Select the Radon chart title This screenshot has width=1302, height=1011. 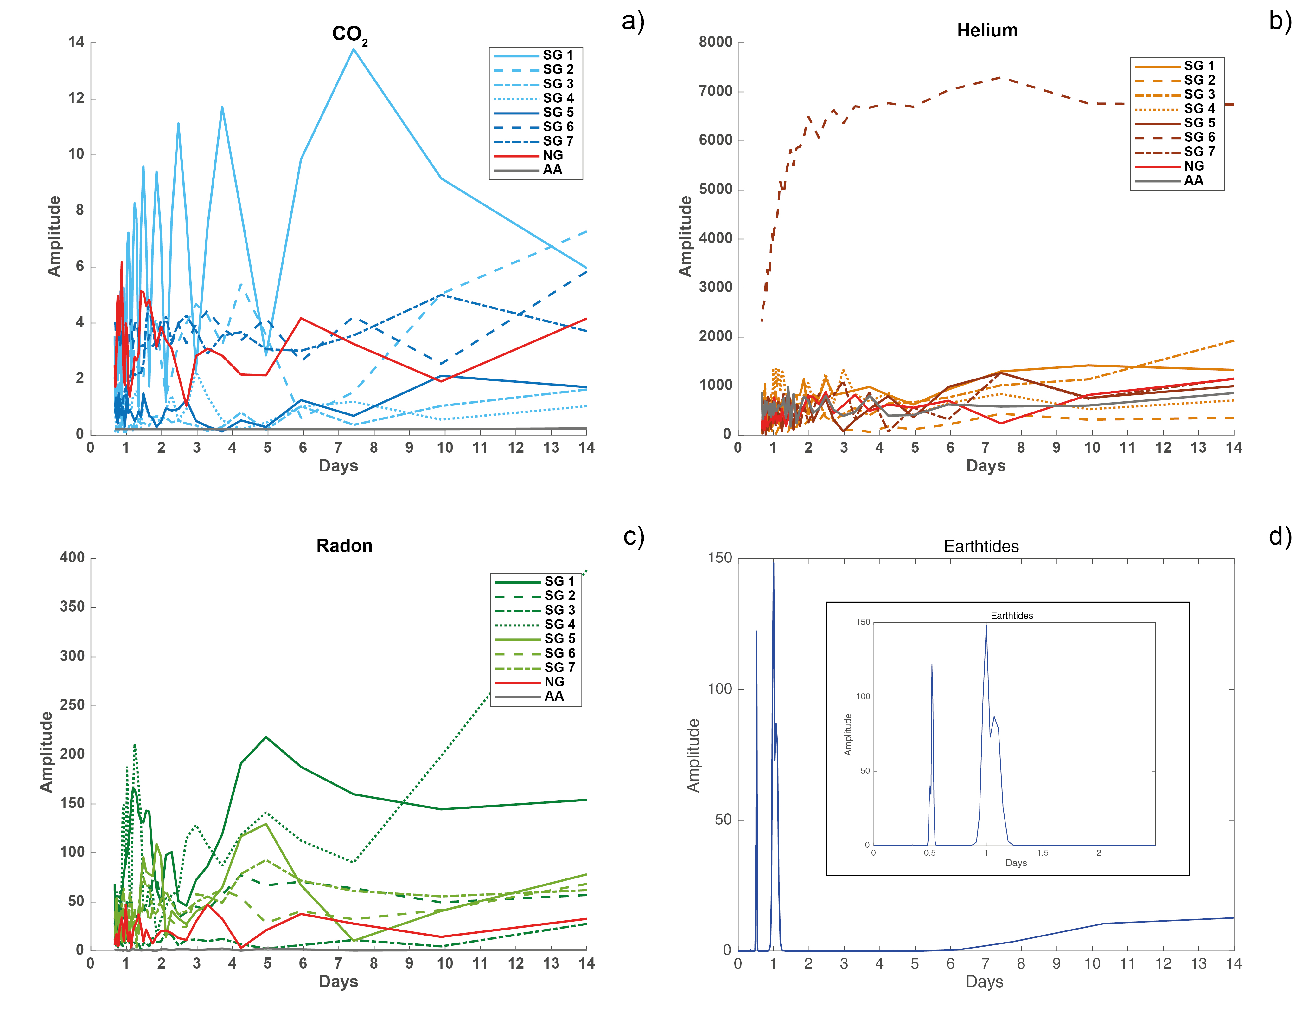tap(344, 545)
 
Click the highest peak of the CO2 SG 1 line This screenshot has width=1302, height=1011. tap(354, 49)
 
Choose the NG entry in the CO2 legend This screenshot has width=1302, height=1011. tap(552, 155)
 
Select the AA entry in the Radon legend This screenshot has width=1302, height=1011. tap(554, 696)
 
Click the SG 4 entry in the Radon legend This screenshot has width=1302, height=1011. tap(559, 625)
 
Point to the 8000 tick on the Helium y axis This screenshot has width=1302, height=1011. tap(715, 42)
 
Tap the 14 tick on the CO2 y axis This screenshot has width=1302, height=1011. tap(76, 42)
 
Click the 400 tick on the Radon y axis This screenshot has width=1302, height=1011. tap(72, 558)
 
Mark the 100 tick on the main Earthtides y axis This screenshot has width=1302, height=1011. tap(719, 689)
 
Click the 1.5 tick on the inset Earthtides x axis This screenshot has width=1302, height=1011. tap(1042, 853)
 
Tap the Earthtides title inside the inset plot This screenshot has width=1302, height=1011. tap(1012, 616)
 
